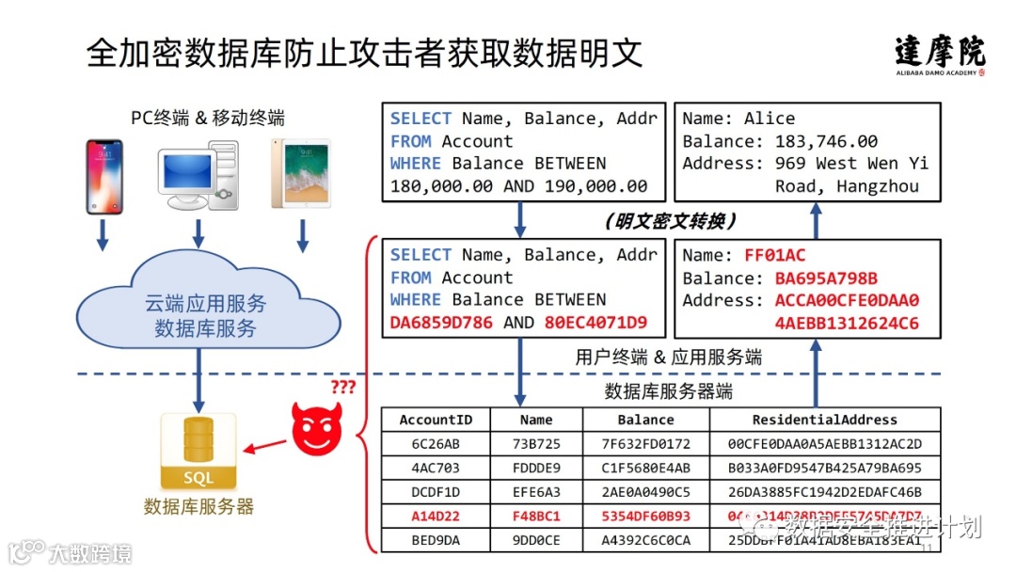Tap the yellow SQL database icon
[x=198, y=450]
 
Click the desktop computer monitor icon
[x=197, y=177]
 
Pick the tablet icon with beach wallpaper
[x=301, y=175]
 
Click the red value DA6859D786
[x=441, y=323]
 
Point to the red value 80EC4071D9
[x=596, y=323]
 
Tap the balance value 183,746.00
[x=826, y=141]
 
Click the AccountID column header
[x=436, y=420]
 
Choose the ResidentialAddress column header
[x=825, y=420]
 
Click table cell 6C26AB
[x=436, y=444]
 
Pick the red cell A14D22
[x=436, y=516]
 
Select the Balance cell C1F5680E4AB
[x=646, y=468]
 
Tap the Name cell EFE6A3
[x=536, y=492]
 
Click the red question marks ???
[x=344, y=387]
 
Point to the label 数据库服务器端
[x=668, y=391]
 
